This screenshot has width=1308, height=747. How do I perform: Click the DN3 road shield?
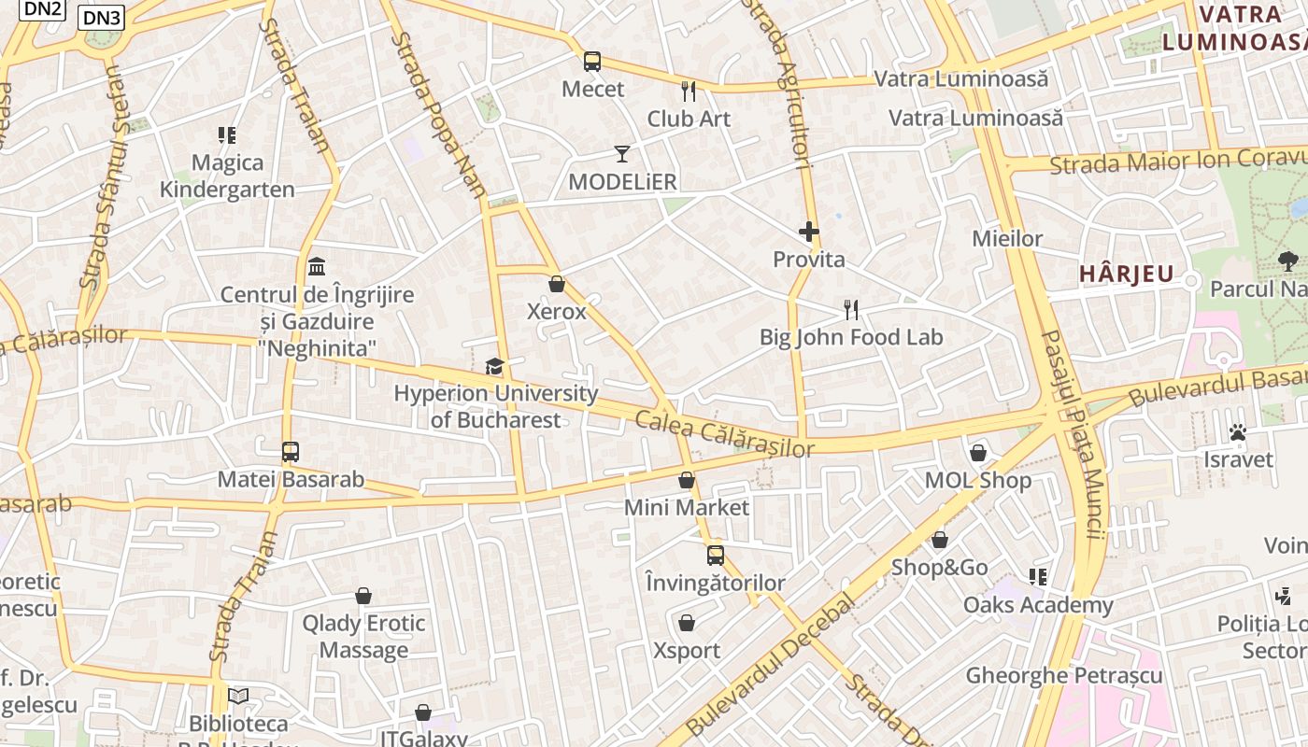(x=102, y=18)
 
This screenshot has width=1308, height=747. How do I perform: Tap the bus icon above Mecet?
(x=592, y=62)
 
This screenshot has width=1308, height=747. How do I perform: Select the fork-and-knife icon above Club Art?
(x=689, y=91)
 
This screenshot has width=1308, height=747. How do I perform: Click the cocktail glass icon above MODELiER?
(x=622, y=153)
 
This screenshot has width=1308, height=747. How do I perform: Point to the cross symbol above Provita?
(x=809, y=232)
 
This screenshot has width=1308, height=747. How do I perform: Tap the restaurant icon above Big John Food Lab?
(x=850, y=309)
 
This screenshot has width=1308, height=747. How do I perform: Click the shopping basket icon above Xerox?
(x=557, y=284)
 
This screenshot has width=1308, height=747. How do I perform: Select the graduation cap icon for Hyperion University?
(x=494, y=366)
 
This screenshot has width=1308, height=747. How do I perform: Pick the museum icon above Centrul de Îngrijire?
(x=317, y=266)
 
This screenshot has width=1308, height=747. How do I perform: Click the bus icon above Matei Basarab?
(x=291, y=452)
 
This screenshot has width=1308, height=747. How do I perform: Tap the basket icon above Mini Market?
(x=687, y=480)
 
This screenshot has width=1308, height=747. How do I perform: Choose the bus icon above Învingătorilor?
(x=716, y=556)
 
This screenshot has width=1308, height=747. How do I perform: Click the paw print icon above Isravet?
(x=1238, y=431)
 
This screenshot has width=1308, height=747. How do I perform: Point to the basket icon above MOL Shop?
(x=978, y=453)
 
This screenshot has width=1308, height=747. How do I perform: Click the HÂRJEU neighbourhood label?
(x=1126, y=275)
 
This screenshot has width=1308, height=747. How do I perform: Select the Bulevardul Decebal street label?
(x=770, y=664)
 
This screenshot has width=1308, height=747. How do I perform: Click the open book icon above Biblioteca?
(x=238, y=696)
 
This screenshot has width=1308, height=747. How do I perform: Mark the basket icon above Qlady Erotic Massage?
(x=363, y=596)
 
